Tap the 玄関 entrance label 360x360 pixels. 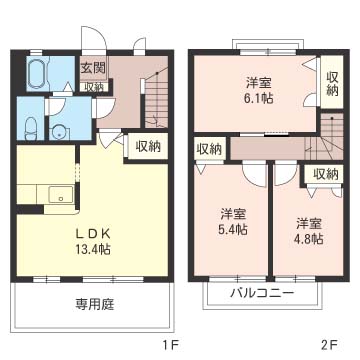[x=92, y=68]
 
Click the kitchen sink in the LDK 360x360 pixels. [x=55, y=194]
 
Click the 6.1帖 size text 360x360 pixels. [x=258, y=100]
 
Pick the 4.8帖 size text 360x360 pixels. [x=309, y=239]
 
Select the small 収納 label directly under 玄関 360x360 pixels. [x=92, y=87]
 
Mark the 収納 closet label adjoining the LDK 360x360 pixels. [x=147, y=146]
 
